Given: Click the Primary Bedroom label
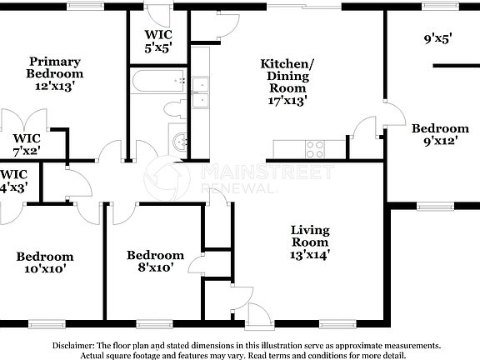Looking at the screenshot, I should pos(55,73).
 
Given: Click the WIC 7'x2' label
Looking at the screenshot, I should pos(26,144).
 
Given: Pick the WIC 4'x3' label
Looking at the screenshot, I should pos(12,181).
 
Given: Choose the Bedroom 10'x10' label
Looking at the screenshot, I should pos(45,262).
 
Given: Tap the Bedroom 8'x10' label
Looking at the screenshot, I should pos(155,261).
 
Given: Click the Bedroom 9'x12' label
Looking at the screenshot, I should pos(440,134).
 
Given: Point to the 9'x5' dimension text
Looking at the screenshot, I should pos(437,38).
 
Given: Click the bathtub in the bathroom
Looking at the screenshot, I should pos(159,82).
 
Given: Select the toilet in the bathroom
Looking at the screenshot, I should pos(176,108).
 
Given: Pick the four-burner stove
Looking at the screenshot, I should pos(315,149).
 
